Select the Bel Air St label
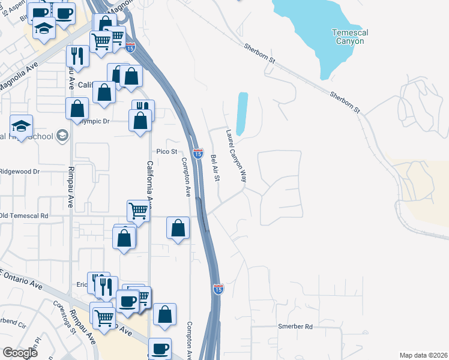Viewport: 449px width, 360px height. (215, 169)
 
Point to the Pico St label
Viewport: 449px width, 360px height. (167, 152)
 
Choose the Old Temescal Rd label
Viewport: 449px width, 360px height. (24, 215)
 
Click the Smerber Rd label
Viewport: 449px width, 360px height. (296, 327)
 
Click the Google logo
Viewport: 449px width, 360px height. (20, 353)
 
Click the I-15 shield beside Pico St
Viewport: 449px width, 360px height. (197, 154)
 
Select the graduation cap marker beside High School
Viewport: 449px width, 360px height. (22, 126)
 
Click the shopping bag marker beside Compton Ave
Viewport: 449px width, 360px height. (178, 228)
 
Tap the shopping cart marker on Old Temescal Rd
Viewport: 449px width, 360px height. (138, 211)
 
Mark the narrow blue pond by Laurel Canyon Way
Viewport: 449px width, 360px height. (242, 113)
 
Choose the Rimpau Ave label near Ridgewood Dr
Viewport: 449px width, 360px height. (71, 186)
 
